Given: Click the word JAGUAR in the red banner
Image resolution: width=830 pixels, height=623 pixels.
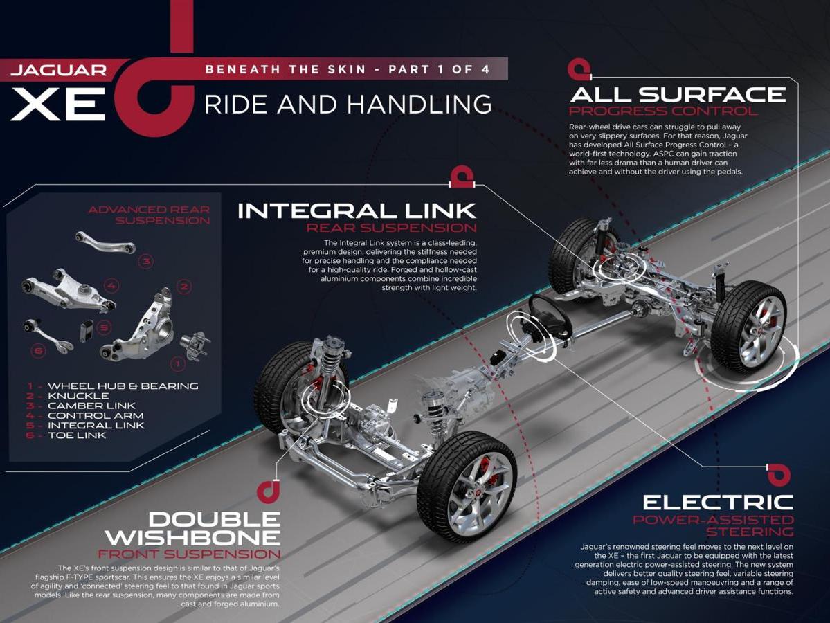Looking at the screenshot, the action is [x=59, y=70].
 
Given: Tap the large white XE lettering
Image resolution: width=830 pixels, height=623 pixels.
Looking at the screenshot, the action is [x=59, y=105].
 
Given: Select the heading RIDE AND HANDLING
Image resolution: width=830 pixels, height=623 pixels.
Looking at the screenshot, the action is [x=348, y=105].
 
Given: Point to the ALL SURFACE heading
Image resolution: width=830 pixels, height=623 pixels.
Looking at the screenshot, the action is [x=678, y=95].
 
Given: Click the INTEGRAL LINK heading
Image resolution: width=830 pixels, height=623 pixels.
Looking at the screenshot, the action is [x=357, y=211].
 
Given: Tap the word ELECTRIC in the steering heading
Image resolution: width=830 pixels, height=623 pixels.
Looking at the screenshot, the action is [x=718, y=503].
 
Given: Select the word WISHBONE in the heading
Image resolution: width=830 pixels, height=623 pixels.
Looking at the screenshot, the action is [x=192, y=538].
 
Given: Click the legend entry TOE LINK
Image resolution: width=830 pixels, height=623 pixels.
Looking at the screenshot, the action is [x=77, y=435].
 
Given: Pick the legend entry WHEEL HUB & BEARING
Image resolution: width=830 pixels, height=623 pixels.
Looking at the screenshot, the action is [x=123, y=386].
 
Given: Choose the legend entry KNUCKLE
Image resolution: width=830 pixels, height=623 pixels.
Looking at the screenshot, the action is [x=78, y=396].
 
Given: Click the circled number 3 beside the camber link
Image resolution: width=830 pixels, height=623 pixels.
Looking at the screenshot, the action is [x=146, y=261].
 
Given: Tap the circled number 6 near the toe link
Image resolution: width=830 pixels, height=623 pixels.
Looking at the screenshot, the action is [x=38, y=350].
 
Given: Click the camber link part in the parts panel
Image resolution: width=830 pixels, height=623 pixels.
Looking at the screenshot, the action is [x=105, y=242].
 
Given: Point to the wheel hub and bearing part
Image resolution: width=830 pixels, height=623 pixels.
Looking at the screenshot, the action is [x=195, y=347].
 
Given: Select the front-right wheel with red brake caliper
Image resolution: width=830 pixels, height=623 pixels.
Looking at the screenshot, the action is [x=467, y=487].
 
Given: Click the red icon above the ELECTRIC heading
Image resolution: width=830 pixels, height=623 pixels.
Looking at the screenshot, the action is [x=779, y=475].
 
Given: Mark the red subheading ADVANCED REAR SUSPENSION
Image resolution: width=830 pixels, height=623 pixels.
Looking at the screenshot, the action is [x=149, y=215].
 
